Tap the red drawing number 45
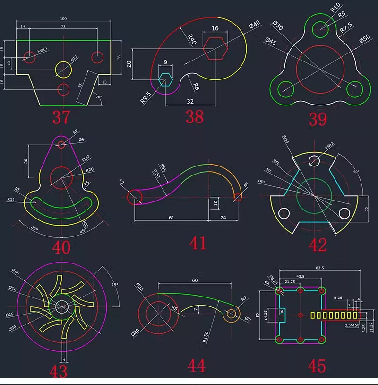(317, 366)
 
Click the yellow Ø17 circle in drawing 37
(64, 70)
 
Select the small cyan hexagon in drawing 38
(165, 79)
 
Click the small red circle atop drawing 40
(60, 144)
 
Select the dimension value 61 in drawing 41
(171, 217)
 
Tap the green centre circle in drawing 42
(313, 195)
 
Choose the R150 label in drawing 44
(206, 336)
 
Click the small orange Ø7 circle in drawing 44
(232, 313)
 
